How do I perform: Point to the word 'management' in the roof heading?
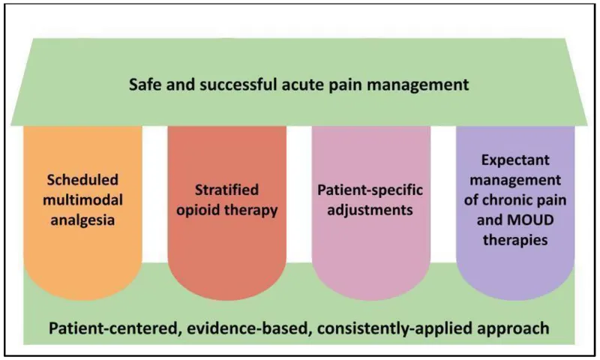[406, 84]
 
